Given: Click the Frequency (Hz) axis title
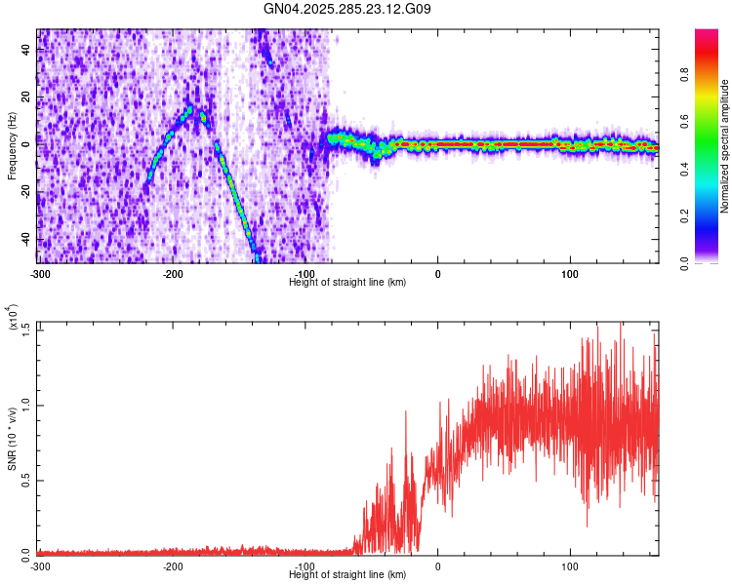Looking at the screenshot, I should [x=11, y=145].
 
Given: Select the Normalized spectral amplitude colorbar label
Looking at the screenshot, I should [x=725, y=146].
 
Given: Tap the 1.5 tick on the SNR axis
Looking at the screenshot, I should [x=26, y=329].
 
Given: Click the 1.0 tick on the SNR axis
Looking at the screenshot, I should [x=26, y=404].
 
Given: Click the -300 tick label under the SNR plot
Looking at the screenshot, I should [x=40, y=565].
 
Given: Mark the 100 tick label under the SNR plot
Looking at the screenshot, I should [x=570, y=565].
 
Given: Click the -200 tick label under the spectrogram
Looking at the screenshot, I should [x=173, y=274].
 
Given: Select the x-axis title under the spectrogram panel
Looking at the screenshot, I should [x=347, y=283].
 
